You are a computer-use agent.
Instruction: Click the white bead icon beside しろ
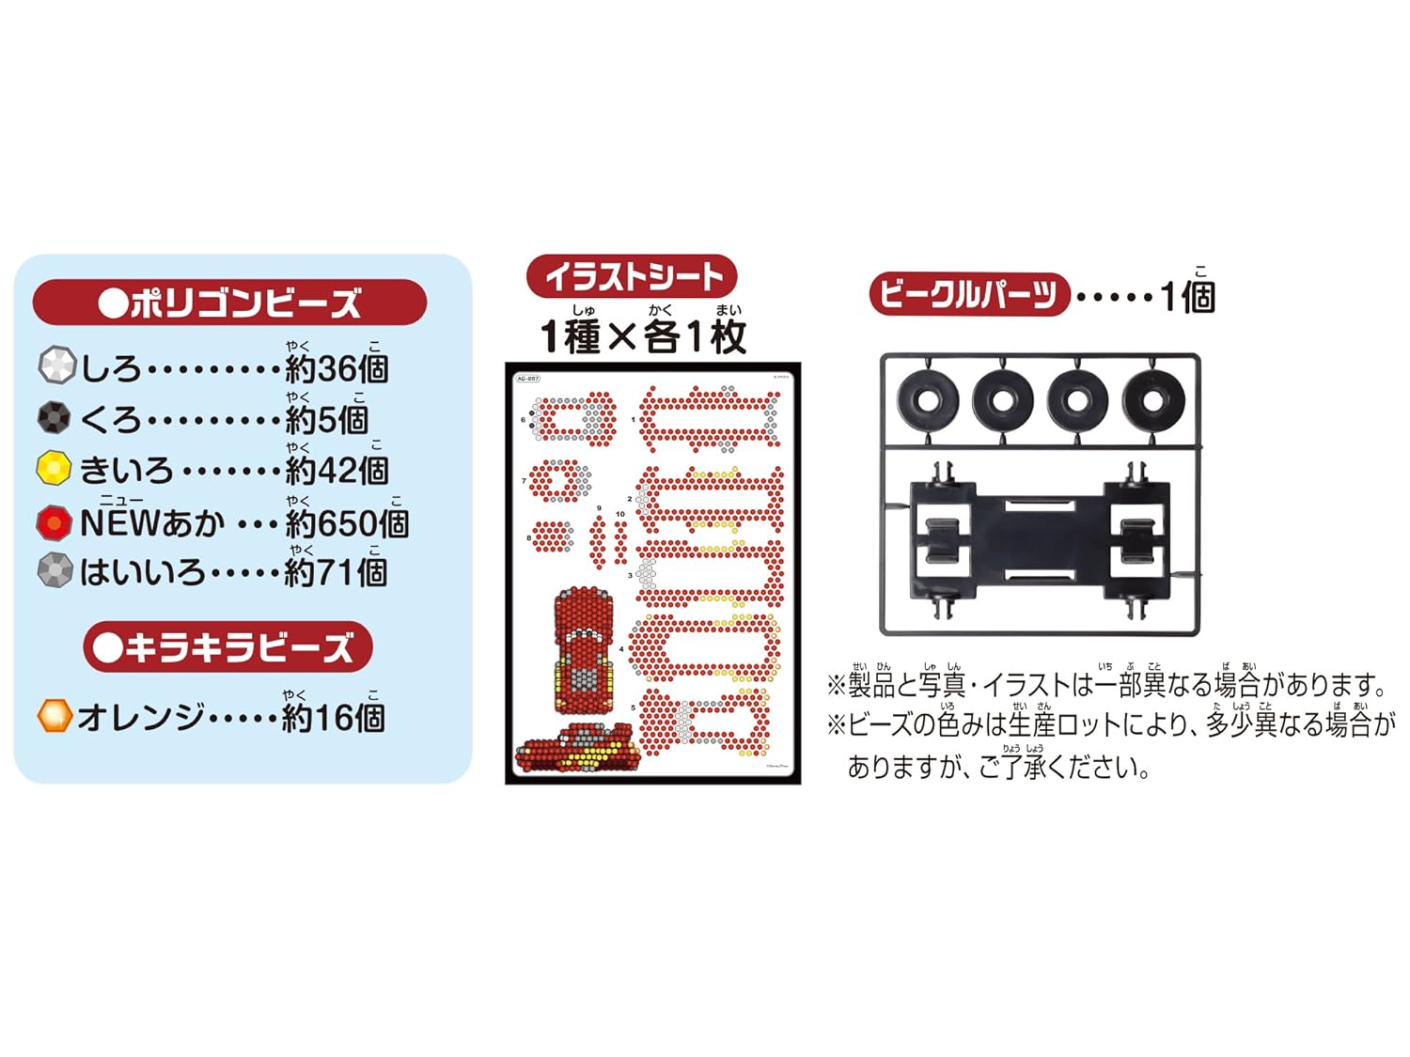click(x=56, y=365)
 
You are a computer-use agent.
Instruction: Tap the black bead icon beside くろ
click(x=55, y=417)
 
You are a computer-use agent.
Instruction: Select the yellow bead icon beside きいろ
click(x=55, y=468)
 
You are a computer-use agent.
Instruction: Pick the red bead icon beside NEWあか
click(x=55, y=521)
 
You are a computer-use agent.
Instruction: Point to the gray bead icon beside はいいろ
click(x=55, y=570)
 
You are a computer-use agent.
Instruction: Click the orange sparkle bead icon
click(x=55, y=716)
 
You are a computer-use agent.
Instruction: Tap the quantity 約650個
click(x=346, y=523)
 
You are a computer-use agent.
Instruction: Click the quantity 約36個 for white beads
click(x=337, y=368)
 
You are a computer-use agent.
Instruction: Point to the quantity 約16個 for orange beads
click(x=334, y=719)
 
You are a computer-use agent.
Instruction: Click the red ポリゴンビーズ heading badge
click(x=229, y=303)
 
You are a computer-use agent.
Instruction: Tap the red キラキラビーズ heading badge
click(x=227, y=646)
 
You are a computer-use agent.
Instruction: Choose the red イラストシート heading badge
click(x=632, y=276)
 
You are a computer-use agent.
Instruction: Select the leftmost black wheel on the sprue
click(x=927, y=400)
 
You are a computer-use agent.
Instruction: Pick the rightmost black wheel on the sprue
click(x=1152, y=400)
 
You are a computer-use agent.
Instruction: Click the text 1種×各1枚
click(x=643, y=336)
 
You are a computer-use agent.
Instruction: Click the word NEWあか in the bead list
click(x=152, y=523)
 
